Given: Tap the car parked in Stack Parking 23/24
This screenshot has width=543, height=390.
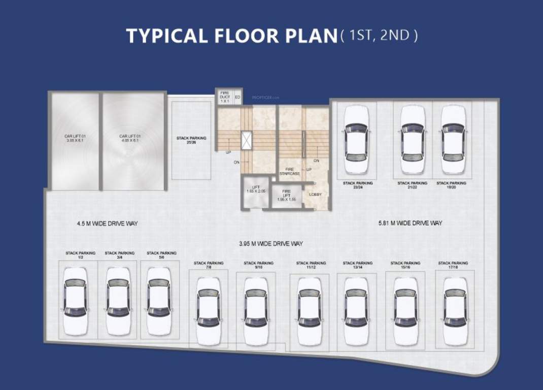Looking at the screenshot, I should [x=357, y=140].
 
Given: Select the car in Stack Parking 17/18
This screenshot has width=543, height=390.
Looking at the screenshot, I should [x=455, y=311].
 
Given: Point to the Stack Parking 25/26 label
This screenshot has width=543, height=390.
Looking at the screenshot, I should [x=191, y=140].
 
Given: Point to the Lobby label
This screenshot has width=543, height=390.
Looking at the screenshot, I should [x=316, y=194].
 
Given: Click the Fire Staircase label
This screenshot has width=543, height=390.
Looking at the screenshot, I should [x=290, y=171].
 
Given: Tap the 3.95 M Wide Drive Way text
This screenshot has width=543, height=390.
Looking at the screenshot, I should [x=271, y=244].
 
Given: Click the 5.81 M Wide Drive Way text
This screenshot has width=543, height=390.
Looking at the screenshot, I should [x=410, y=223].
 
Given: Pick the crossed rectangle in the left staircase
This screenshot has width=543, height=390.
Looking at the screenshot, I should [x=247, y=140].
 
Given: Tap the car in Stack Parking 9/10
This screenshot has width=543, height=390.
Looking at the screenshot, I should [x=255, y=311].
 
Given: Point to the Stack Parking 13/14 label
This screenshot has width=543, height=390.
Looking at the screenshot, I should [x=357, y=265].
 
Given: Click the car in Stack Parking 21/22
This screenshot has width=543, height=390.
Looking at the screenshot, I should [x=412, y=140].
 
